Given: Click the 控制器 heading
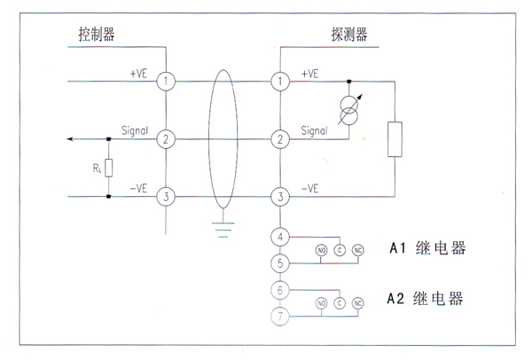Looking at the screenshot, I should click(97, 35).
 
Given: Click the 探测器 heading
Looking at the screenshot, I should click(348, 35).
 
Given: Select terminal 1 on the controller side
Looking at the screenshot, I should click(166, 82).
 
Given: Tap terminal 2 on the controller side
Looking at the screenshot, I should click(166, 139).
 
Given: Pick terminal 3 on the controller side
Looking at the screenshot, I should click(166, 196).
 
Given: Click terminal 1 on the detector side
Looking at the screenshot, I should click(281, 82).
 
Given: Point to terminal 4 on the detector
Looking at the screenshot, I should click(281, 238).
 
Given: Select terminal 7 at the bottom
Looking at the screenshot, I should click(281, 317).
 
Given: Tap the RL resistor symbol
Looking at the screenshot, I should click(108, 167).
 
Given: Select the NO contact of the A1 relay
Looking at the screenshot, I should click(321, 250).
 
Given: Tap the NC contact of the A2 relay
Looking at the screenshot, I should click(358, 303).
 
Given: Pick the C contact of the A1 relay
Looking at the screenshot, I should click(340, 250).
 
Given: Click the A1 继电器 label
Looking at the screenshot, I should click(426, 249).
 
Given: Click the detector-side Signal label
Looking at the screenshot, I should click(315, 130).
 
